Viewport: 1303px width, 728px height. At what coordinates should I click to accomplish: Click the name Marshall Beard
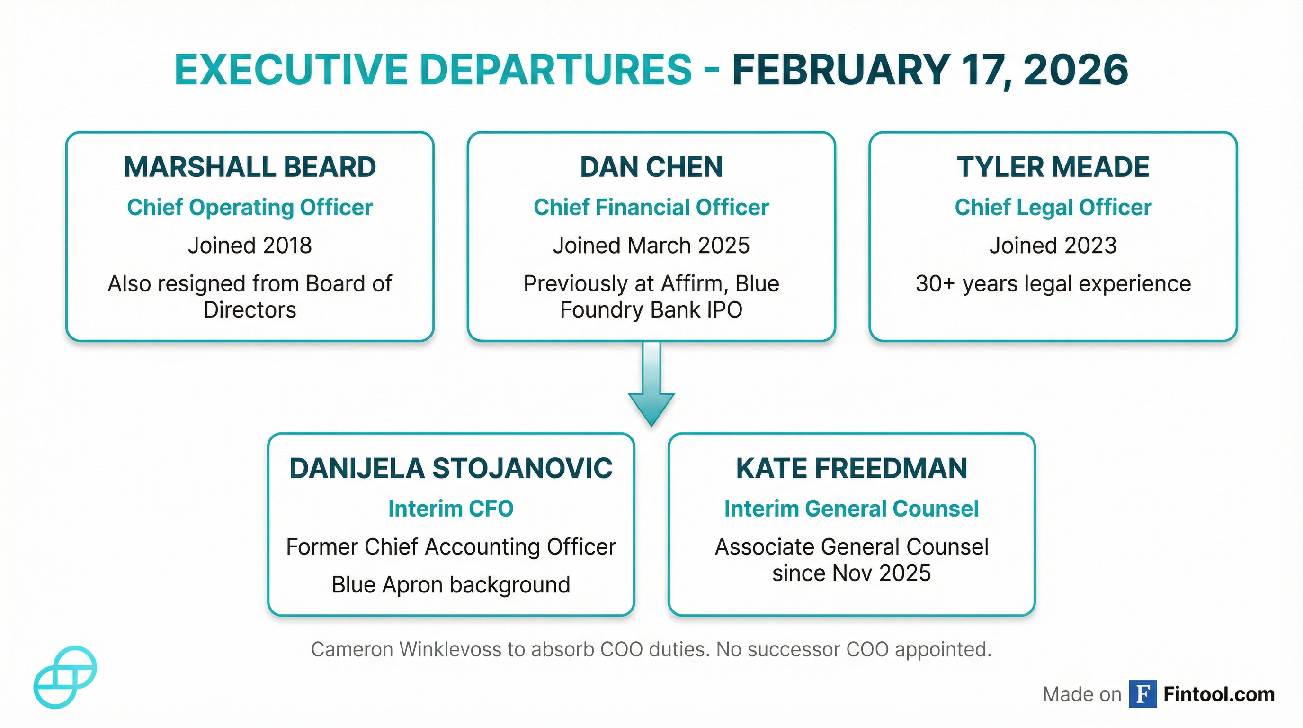pos(250,167)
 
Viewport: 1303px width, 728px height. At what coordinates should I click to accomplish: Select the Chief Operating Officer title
pos(250,208)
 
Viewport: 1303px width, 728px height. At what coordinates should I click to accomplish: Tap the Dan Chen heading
pos(651,167)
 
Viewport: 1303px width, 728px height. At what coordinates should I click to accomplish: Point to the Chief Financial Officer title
pos(651,208)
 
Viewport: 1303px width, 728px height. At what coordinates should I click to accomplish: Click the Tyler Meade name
pos(1053,167)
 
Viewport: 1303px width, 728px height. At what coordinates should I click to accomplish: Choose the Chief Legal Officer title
pos(1053,208)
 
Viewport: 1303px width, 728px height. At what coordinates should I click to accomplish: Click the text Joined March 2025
pos(651,246)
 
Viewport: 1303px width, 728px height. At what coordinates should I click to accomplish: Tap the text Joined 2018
pos(250,246)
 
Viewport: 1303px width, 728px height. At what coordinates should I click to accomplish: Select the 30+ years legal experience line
pos(1053,283)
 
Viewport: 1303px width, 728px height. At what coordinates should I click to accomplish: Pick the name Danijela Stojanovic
pos(451,468)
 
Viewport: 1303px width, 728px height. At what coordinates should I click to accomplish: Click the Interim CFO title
pos(451,509)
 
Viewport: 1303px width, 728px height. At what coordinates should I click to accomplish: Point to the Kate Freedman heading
pos(851,468)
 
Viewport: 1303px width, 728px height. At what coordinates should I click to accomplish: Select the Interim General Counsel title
pos(851,509)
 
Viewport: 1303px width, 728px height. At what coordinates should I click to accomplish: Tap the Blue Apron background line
pos(451,585)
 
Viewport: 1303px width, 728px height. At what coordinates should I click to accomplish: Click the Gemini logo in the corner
pos(65,677)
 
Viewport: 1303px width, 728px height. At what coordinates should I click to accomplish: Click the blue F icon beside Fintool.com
pos(1142,694)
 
